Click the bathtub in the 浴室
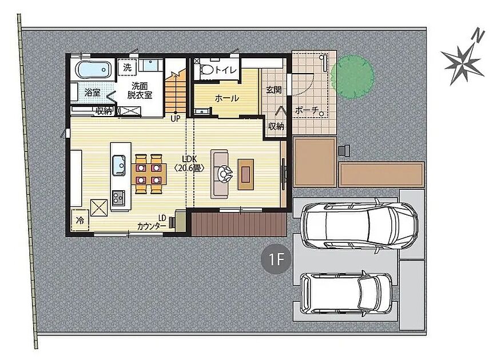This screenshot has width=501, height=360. point(93,69)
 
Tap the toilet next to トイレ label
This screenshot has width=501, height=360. point(206,69)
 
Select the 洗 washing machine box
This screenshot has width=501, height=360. point(127,67)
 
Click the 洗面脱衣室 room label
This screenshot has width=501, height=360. point(140,90)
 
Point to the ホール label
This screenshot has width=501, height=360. point(226,98)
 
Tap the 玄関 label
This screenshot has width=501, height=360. point(274,90)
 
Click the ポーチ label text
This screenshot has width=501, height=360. point(307,111)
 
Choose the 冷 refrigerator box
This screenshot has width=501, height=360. point(80,220)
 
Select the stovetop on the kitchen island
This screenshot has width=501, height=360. point(118,198)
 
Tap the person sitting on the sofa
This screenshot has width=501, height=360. point(225,174)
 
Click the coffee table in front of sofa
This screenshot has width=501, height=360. point(245,174)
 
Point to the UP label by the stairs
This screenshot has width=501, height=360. point(176,119)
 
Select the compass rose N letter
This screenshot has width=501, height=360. point(478,35)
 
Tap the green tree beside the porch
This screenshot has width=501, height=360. point(352,77)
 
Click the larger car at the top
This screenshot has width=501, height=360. point(360,225)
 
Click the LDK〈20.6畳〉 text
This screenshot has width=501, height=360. point(189,164)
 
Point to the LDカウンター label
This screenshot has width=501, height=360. point(152,222)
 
